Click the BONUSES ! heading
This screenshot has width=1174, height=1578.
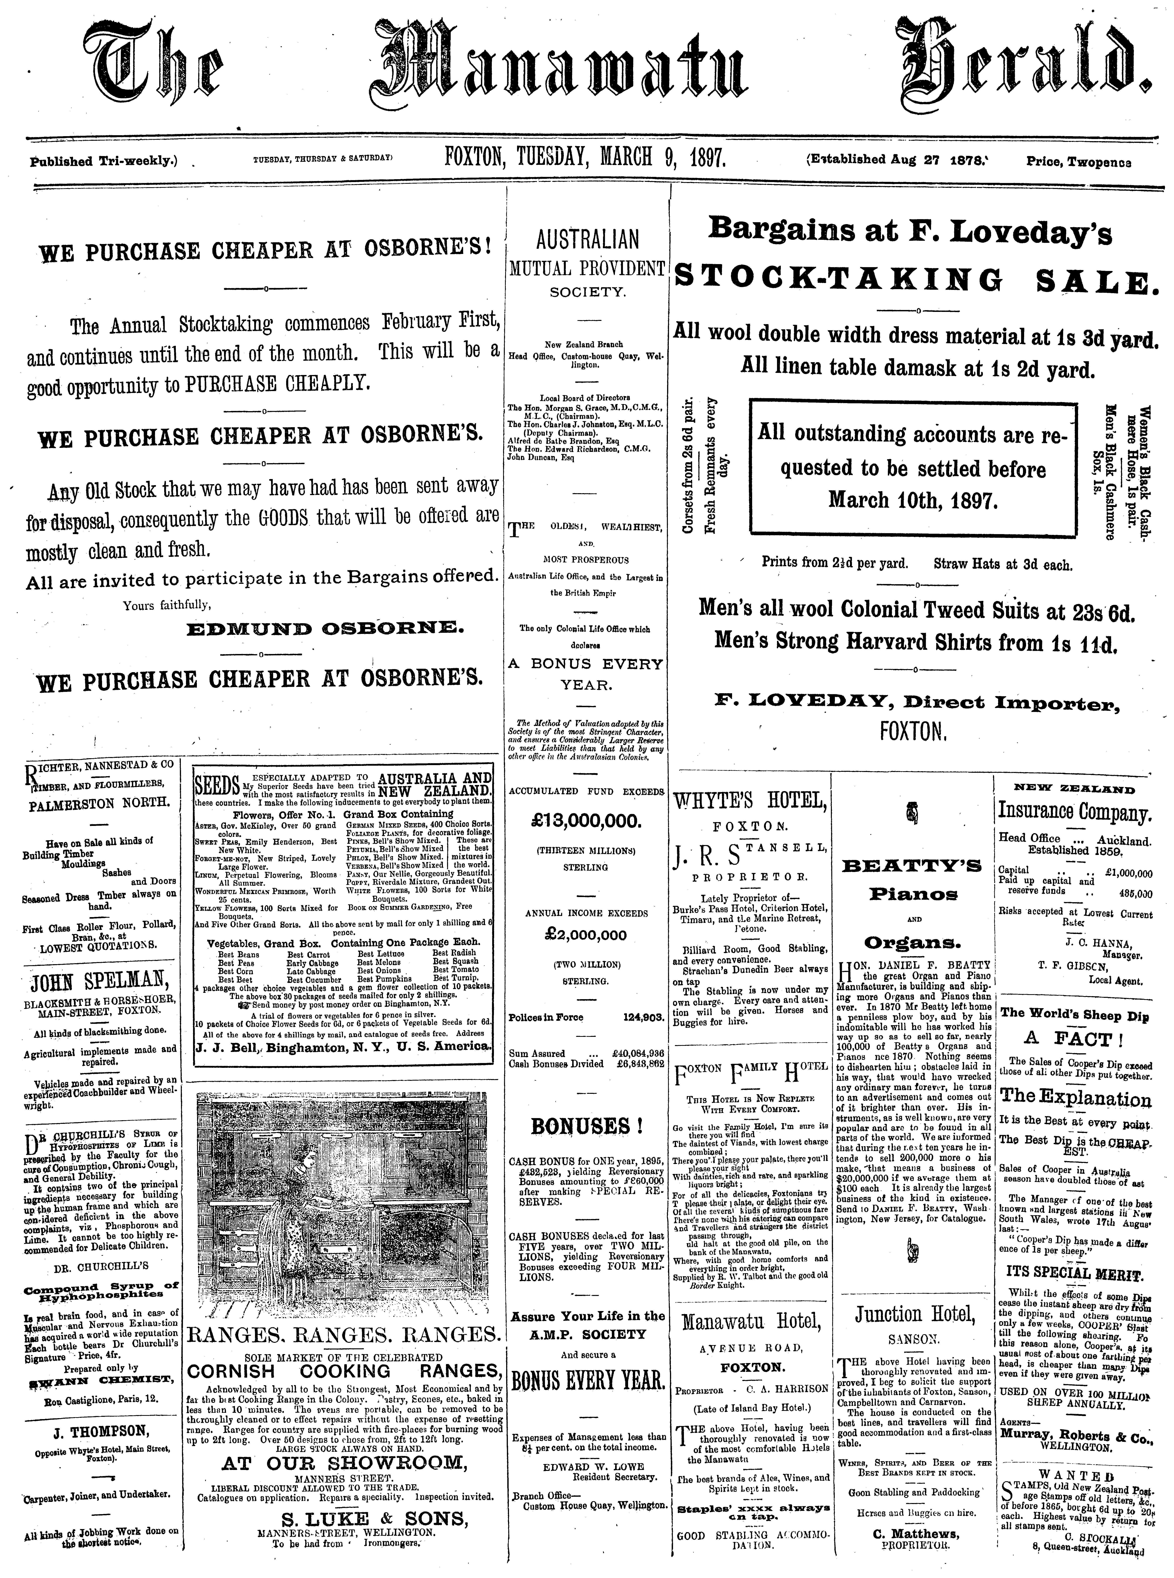[x=586, y=1126]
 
